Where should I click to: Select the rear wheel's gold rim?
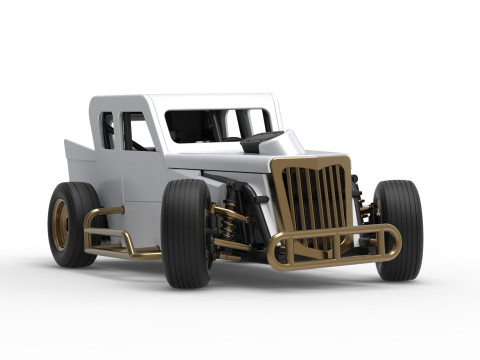60,224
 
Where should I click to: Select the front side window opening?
138,131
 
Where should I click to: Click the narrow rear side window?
107,130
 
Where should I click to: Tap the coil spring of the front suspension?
231,219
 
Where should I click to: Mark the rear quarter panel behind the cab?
80,160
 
